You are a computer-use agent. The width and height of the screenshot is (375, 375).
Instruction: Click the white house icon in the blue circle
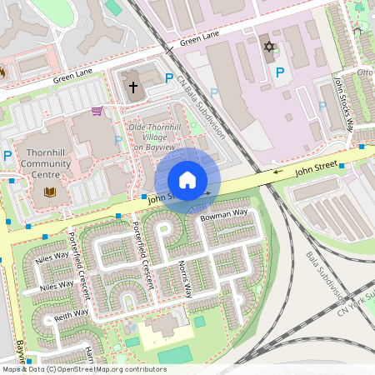click(187, 180)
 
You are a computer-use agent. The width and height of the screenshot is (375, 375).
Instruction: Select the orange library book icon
click(48, 193)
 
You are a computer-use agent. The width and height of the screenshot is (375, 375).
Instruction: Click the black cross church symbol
click(132, 87)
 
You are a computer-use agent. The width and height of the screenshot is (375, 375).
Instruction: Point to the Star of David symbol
click(268, 47)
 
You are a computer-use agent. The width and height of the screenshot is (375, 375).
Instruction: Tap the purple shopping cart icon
click(97, 111)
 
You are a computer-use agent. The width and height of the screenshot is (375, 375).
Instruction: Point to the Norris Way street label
click(185, 280)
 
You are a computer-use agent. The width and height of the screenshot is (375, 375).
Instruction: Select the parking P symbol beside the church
click(169, 79)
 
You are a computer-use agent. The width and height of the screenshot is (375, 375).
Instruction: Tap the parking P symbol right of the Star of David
click(280, 73)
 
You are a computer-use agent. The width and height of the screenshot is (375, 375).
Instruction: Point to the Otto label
click(365, 72)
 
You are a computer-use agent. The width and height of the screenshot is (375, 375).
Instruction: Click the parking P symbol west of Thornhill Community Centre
click(7, 156)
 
